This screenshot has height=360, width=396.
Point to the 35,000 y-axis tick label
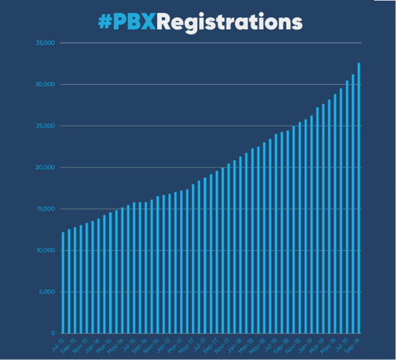(x=46, y=44)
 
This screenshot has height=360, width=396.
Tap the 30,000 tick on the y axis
(x=46, y=85)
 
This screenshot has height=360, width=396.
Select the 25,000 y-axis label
(x=46, y=126)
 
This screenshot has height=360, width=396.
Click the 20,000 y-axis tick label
(x=46, y=168)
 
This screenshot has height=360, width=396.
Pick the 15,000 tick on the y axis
(x=46, y=209)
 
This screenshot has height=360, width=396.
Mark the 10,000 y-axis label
(x=46, y=250)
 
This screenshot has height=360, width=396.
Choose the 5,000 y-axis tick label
(x=47, y=292)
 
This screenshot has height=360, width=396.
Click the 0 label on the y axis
(x=53, y=333)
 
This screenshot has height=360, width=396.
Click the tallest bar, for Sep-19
(x=359, y=198)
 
